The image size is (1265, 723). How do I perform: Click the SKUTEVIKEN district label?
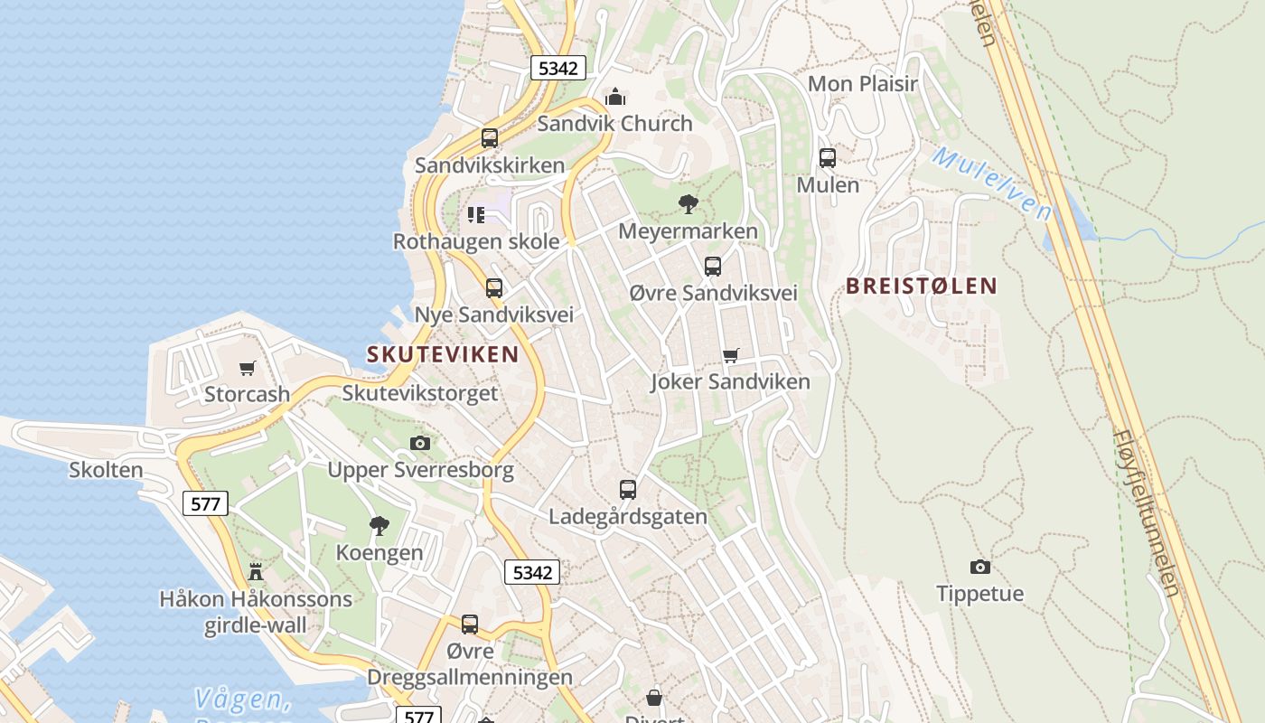(443, 354)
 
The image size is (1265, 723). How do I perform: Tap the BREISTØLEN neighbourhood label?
(921, 286)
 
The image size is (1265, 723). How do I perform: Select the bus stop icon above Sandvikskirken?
(490, 138)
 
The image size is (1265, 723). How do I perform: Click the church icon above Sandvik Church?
(615, 97)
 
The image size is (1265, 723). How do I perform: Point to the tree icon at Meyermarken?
(688, 204)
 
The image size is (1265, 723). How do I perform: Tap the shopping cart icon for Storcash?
(247, 368)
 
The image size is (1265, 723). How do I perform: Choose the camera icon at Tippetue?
(979, 568)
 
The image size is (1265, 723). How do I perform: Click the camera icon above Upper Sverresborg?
(420, 443)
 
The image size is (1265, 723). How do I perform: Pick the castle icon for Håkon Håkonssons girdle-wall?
(256, 571)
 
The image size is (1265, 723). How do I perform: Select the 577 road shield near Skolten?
(205, 503)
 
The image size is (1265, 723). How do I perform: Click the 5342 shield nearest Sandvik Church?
(558, 68)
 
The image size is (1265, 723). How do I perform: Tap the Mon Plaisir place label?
(862, 84)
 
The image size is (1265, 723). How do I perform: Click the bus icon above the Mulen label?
(827, 158)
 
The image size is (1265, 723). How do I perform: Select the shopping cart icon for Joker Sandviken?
(730, 355)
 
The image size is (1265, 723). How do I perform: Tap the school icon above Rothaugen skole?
(476, 215)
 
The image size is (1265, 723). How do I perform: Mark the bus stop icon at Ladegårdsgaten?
(628, 490)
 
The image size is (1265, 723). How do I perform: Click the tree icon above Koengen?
(379, 525)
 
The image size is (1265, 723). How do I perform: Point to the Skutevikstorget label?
(419, 393)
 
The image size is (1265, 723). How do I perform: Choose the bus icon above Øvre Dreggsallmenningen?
(470, 624)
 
